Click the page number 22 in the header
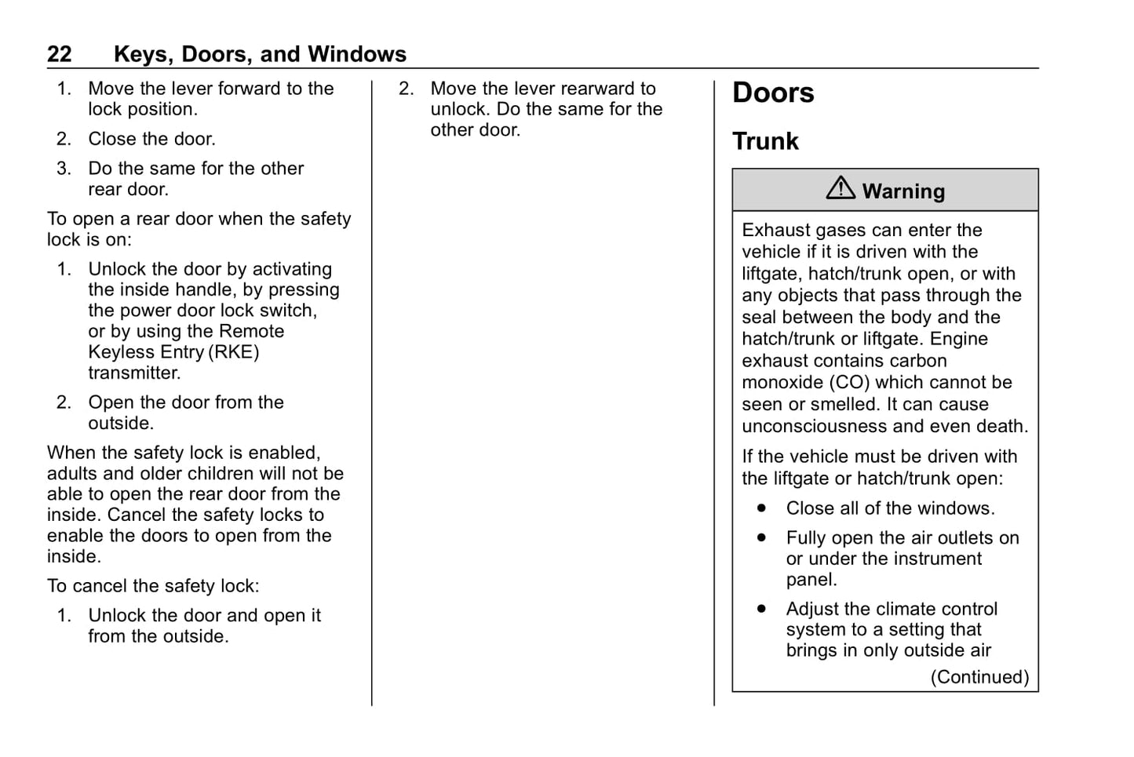60,54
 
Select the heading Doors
773,93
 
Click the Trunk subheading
765,141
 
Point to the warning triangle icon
840,188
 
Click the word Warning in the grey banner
903,191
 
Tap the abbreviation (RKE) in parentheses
234,352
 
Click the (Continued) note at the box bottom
979,677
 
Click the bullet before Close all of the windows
761,508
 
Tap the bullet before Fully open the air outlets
761,538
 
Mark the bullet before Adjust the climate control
761,609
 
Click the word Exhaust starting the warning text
776,231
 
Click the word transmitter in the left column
134,373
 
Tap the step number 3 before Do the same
64,169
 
